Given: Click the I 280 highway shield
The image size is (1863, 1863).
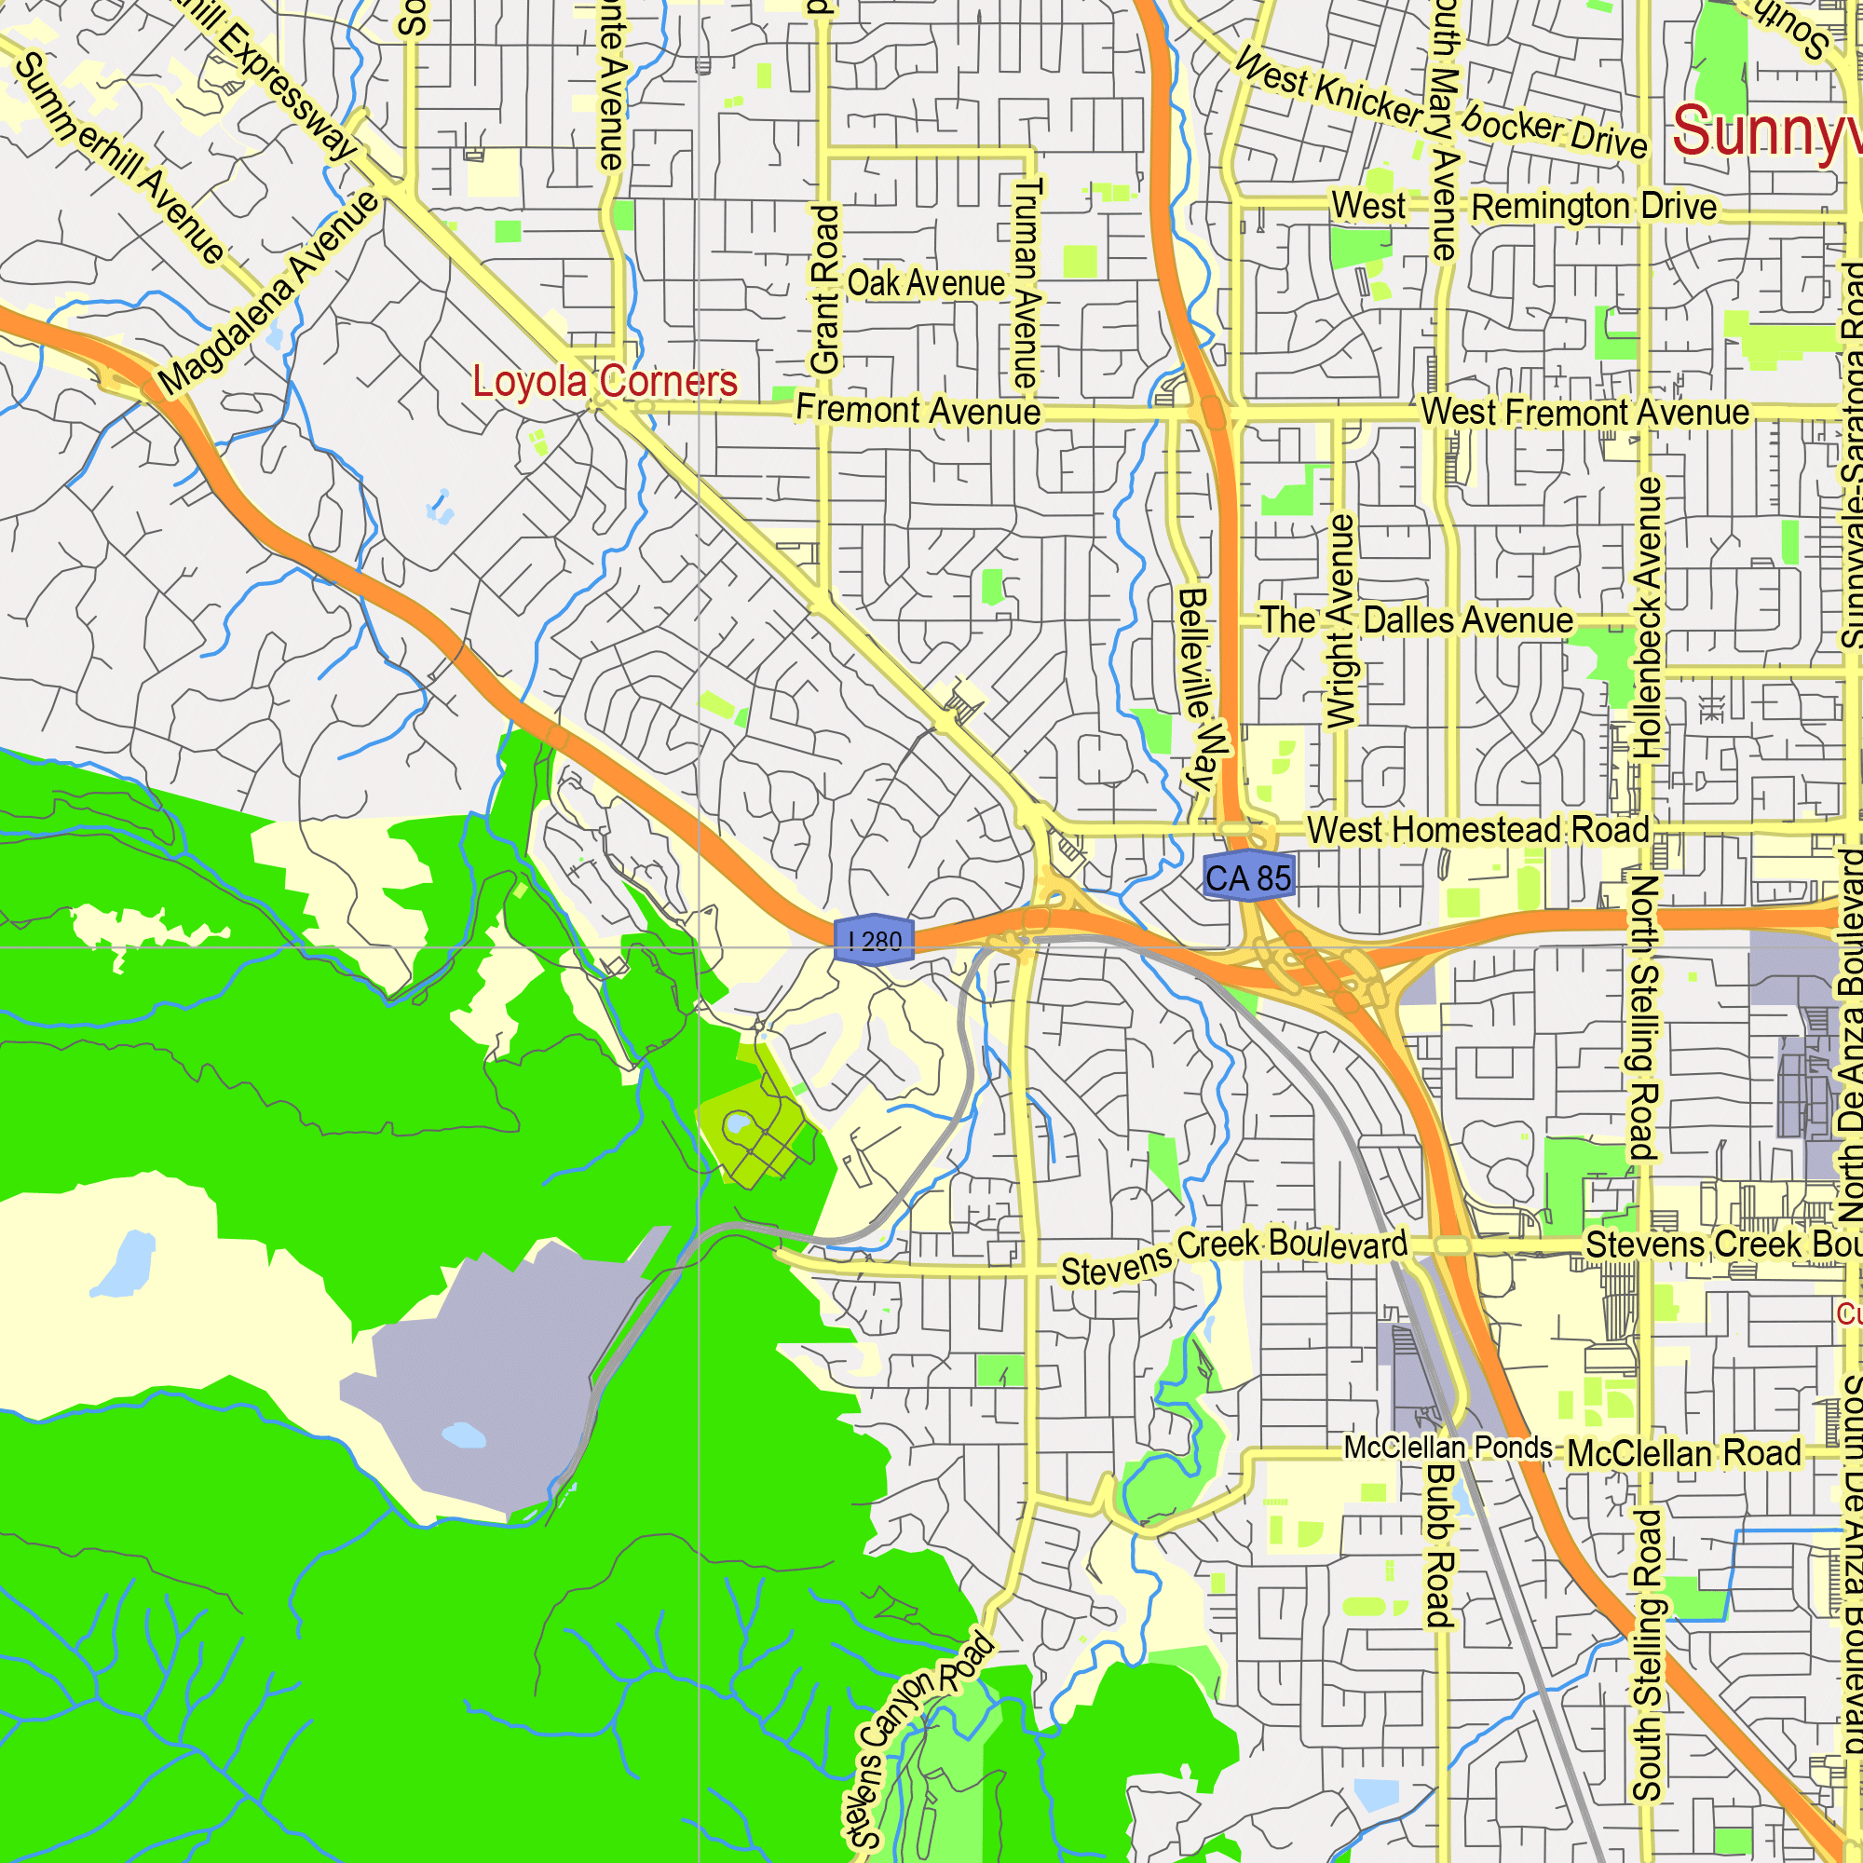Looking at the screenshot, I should (x=874, y=938).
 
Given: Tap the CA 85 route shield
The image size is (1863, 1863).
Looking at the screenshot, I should (x=1248, y=877).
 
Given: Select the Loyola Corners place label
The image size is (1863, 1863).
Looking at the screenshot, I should (x=605, y=382).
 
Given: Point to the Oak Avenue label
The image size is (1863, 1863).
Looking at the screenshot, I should (x=926, y=283).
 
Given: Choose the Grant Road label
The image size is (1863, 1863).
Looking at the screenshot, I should (x=825, y=290).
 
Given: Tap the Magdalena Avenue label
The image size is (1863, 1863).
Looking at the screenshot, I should (x=269, y=293).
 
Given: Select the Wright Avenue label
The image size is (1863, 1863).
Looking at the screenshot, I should (x=1341, y=621).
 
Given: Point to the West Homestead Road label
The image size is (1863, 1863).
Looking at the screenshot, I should (x=1477, y=829).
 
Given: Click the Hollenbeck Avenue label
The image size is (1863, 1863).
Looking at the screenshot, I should (x=1648, y=619).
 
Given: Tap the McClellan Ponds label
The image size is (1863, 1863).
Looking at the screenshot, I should (x=1448, y=1448).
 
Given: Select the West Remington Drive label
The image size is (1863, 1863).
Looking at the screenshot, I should (x=1524, y=207).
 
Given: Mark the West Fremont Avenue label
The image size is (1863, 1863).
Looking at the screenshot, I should (x=1584, y=413).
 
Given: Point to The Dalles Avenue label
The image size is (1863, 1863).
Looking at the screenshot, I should (x=1417, y=620).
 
